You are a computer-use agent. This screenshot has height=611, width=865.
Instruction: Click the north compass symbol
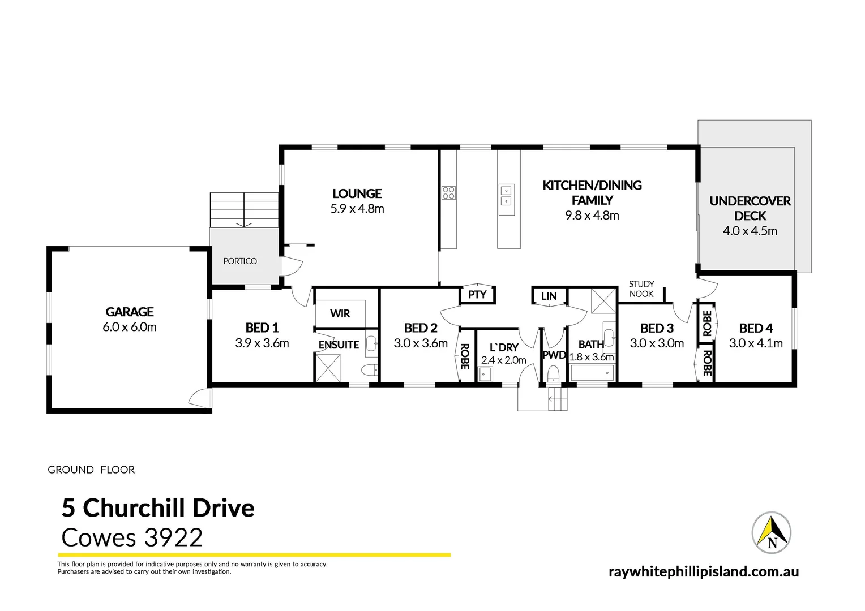click(771, 533)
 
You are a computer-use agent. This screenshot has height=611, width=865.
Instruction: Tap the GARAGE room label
click(130, 312)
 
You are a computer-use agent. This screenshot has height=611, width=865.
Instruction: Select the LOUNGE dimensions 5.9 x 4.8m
click(357, 209)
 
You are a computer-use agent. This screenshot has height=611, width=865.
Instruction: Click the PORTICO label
click(240, 261)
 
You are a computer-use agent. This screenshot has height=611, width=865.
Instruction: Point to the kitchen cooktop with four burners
click(448, 193)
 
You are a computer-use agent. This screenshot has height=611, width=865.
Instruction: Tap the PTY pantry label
click(477, 295)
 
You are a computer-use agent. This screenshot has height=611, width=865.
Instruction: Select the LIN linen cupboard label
click(549, 296)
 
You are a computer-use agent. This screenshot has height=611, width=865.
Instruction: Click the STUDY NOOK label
click(641, 289)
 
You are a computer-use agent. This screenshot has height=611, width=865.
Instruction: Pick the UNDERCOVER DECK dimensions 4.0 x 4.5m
click(750, 231)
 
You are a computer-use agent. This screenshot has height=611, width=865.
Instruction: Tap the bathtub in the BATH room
click(592, 372)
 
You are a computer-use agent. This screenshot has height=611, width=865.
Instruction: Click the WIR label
click(340, 313)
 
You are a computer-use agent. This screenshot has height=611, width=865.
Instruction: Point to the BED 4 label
click(755, 328)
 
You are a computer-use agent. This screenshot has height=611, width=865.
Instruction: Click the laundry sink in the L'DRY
click(485, 374)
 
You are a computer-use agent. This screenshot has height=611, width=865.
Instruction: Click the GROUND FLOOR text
click(91, 470)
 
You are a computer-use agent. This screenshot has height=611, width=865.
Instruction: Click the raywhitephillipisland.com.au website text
click(703, 571)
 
